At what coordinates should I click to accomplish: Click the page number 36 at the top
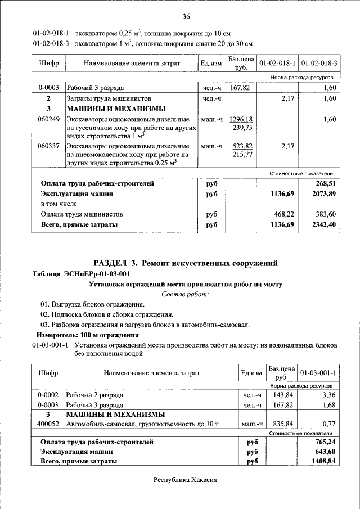click(x=186, y=16)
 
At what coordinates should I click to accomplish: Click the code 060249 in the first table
click(x=48, y=120)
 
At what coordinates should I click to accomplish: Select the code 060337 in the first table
click(x=48, y=146)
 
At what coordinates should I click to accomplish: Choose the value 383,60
click(x=325, y=214)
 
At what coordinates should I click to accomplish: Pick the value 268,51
click(x=325, y=183)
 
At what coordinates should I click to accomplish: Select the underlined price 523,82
click(x=242, y=145)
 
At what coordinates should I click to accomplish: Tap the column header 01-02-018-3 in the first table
click(x=318, y=63)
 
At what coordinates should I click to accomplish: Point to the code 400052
click(x=48, y=424)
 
